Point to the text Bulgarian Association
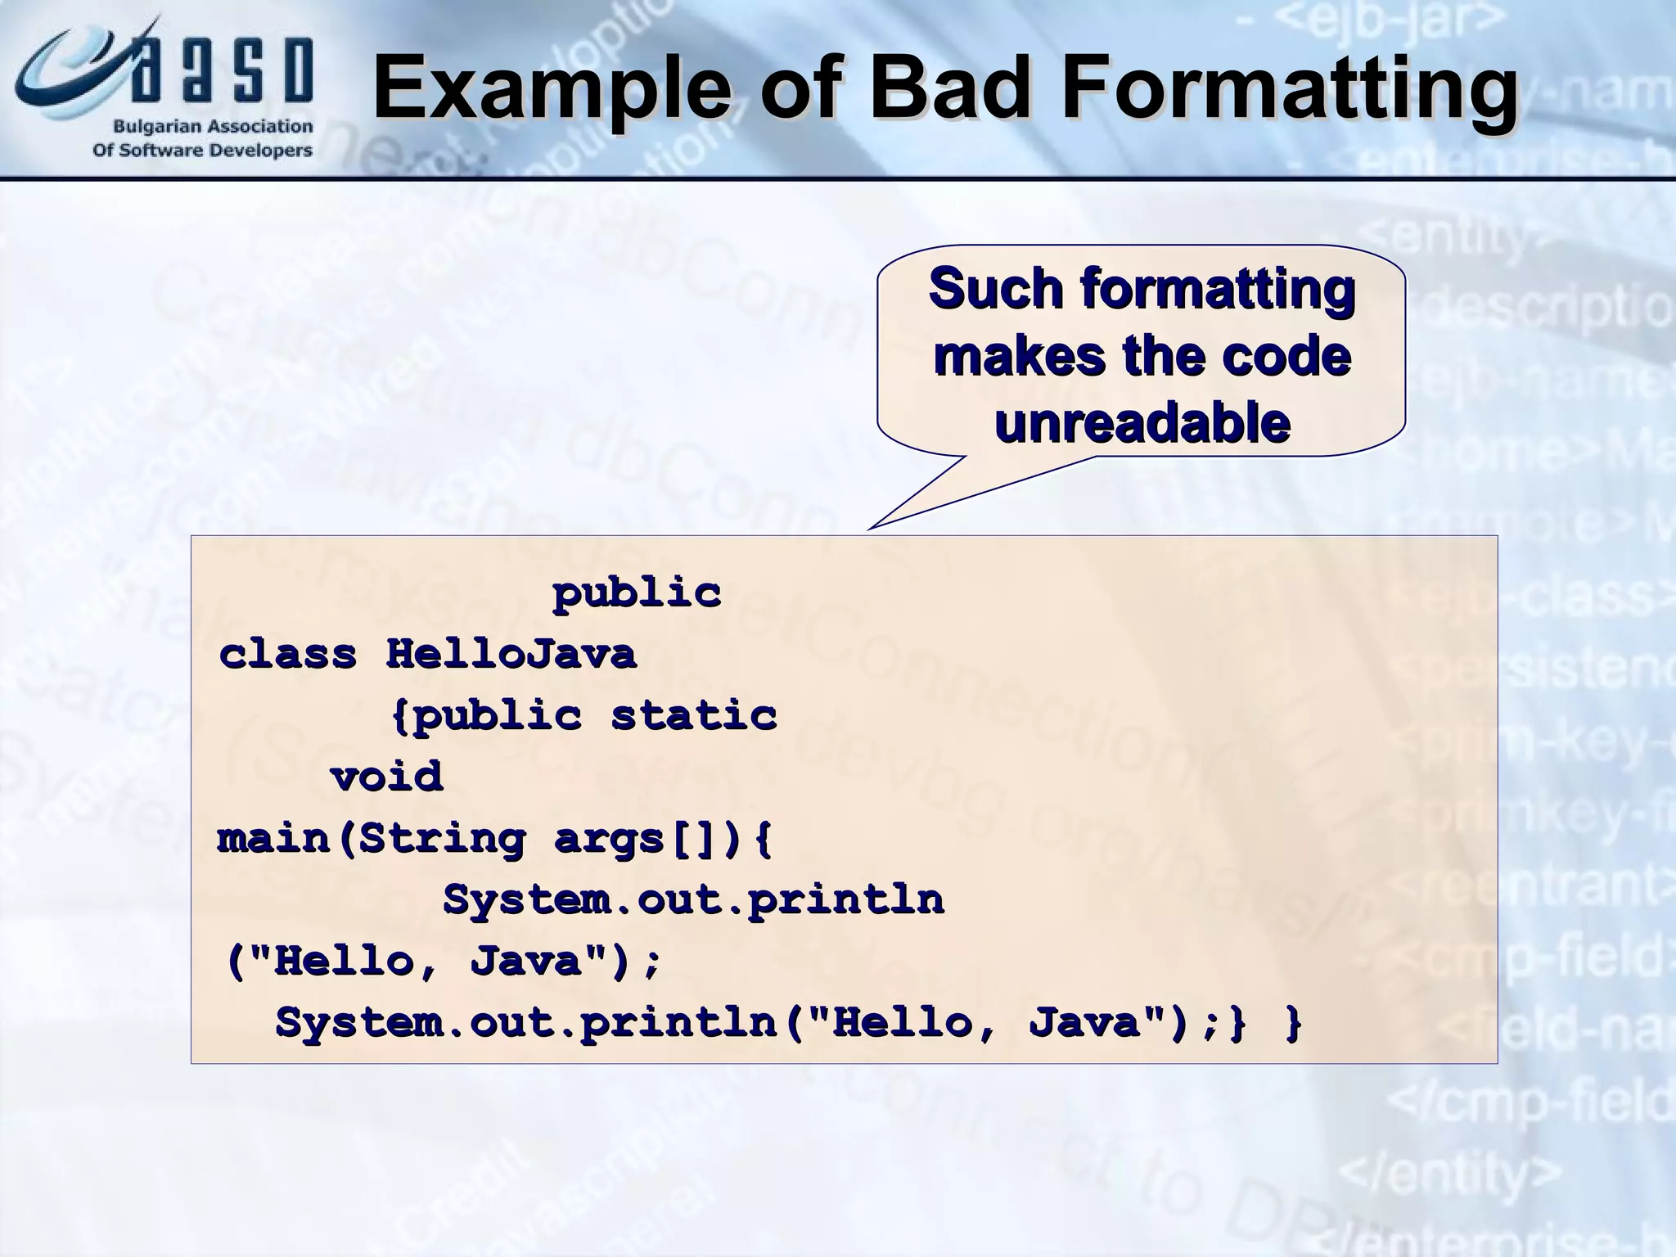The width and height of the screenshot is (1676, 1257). (x=212, y=127)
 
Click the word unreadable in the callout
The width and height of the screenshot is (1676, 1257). (x=1142, y=423)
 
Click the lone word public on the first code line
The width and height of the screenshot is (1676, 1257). (x=637, y=592)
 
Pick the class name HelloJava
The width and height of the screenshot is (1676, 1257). (x=511, y=654)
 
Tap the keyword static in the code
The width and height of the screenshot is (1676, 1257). (x=693, y=715)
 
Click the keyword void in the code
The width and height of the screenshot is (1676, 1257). (x=386, y=776)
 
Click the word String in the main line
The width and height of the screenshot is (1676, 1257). (x=442, y=838)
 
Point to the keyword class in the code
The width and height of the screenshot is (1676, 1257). (x=288, y=654)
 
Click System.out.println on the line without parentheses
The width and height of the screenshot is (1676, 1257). (x=693, y=899)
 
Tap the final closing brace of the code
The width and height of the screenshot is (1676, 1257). (x=1293, y=1023)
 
